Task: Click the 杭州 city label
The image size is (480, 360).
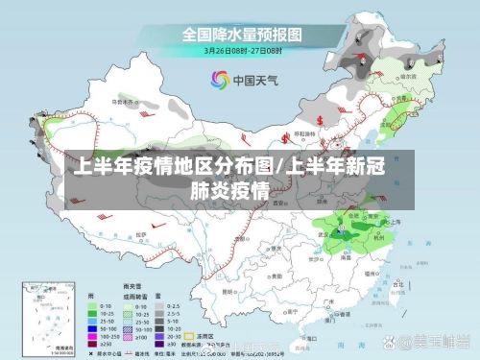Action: (x=378, y=233)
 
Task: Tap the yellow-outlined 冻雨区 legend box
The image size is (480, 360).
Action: (x=179, y=337)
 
